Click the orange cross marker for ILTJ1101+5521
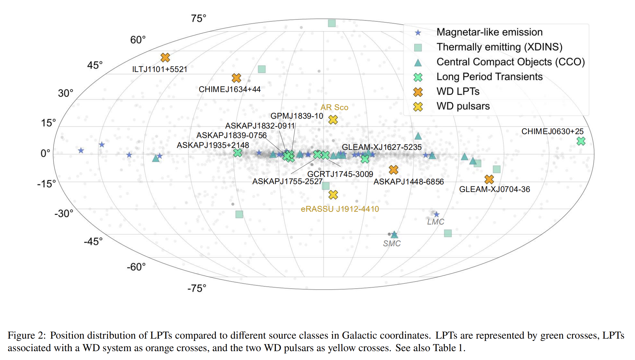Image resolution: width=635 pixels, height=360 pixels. pos(165,58)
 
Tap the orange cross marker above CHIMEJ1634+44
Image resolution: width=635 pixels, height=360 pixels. pos(236,78)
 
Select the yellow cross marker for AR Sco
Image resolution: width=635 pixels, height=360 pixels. pos(333,120)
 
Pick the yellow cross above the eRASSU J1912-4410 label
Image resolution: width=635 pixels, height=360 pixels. pos(333,195)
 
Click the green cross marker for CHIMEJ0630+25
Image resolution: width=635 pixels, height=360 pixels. pos(581,141)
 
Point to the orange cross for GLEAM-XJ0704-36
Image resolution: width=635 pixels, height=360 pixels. pos(489,179)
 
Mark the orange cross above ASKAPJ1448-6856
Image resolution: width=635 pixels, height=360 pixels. pos(393,170)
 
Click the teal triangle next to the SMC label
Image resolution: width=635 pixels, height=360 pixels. pos(394,235)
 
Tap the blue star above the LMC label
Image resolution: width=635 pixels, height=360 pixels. pos(436,215)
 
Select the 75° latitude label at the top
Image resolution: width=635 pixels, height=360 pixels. pos(199,18)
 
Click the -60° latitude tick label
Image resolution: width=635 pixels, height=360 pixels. pos(136,267)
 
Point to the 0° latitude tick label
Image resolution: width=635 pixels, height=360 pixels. pos(45,153)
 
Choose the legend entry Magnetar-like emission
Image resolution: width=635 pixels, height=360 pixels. pos(489,32)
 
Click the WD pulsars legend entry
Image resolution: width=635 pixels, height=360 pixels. pos(463,106)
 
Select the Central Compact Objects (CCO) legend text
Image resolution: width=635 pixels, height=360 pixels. pos(510,62)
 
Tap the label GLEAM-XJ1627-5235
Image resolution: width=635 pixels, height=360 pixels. pos(382,147)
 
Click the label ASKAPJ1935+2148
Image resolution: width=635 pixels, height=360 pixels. pos(213,145)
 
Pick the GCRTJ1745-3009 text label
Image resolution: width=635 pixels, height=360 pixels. pos(340,174)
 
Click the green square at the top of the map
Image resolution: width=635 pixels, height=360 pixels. pos(332,23)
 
